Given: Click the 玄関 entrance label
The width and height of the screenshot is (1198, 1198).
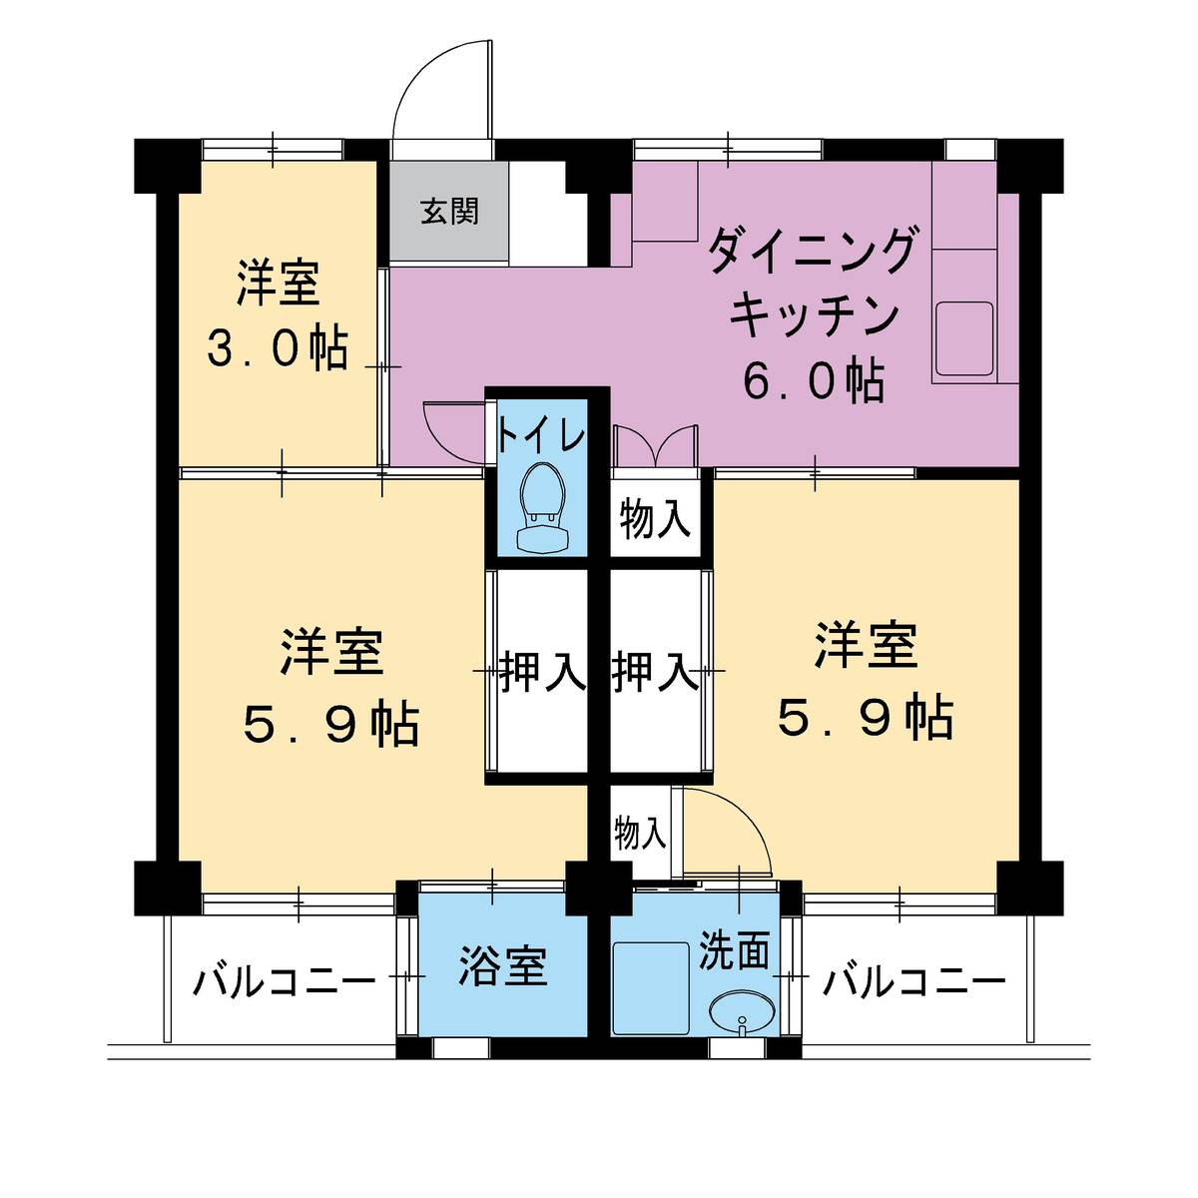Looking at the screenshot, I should (448, 212).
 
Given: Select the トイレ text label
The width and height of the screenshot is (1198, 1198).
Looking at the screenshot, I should (541, 436).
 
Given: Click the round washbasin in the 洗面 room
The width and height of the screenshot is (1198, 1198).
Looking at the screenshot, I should (741, 1012).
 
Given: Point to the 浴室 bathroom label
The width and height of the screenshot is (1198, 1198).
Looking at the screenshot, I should (502, 966).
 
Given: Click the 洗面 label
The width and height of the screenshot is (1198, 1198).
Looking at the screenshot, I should (734, 950).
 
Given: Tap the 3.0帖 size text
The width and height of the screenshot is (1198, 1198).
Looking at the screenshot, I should (279, 349).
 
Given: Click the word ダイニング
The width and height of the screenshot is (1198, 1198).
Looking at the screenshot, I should (811, 252).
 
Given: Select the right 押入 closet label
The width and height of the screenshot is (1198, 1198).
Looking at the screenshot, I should (654, 672).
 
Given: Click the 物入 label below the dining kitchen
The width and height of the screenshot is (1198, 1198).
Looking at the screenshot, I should (655, 520).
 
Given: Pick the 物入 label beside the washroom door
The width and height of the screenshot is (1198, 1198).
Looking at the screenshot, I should (640, 834).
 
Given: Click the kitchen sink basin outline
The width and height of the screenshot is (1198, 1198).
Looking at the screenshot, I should (963, 337).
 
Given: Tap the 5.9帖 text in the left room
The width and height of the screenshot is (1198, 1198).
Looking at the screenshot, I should (331, 724).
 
